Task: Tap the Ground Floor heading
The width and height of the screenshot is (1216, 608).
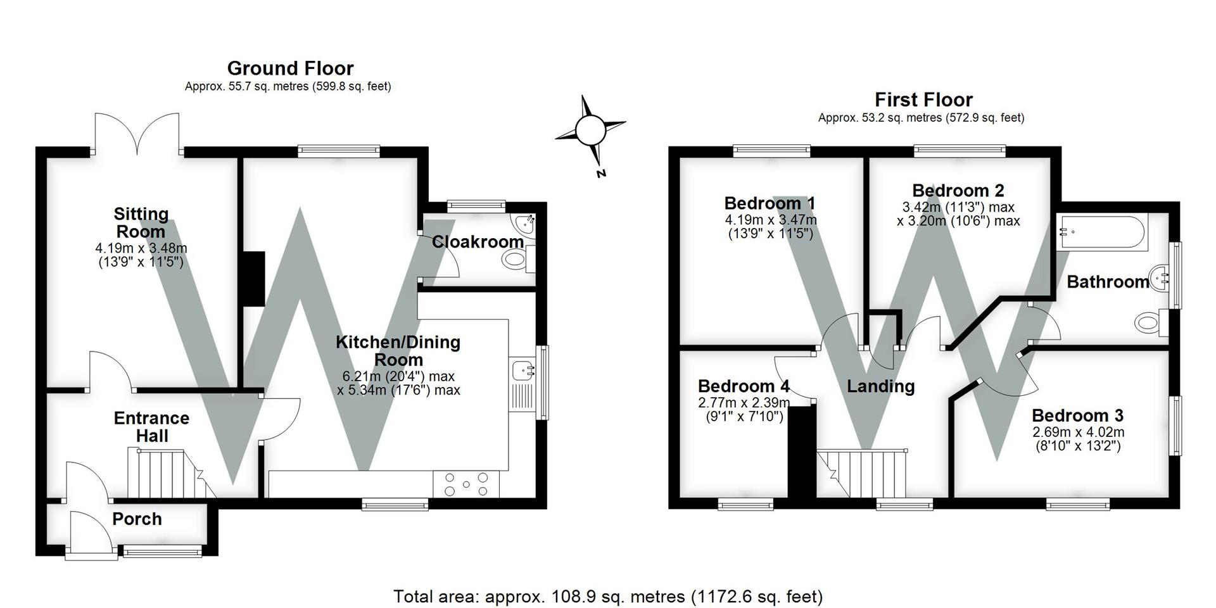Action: pos(290,68)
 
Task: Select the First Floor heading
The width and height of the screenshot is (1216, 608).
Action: pos(923,100)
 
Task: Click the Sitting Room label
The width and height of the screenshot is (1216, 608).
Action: pos(141,222)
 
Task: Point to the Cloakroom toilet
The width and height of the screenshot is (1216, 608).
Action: pos(514,259)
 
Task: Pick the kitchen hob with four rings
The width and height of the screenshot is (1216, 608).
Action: pos(466,484)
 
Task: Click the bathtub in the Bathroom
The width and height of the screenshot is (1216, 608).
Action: pos(1102,232)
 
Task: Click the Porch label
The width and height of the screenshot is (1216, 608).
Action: pos(137,519)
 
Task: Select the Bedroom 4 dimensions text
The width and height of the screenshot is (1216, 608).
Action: pos(744,409)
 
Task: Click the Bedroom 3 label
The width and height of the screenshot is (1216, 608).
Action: pos(1077,415)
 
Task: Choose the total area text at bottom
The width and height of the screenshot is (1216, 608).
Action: pos(607,596)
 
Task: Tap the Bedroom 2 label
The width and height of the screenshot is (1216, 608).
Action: pos(958,191)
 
